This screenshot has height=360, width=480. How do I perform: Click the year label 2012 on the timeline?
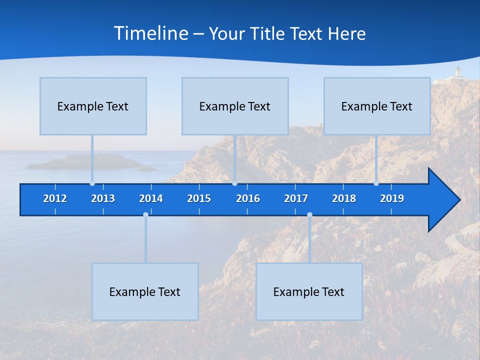click(x=55, y=198)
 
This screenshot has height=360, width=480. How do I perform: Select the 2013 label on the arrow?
click(x=103, y=198)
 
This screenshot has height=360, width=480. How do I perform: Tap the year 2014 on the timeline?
click(x=151, y=198)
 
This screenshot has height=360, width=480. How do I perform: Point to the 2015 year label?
click(x=199, y=198)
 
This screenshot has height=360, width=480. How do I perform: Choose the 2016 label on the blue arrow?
click(x=248, y=198)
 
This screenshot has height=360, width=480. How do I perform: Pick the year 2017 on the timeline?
click(x=296, y=198)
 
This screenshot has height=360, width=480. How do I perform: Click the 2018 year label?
click(x=344, y=198)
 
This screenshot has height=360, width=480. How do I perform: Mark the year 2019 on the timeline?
click(x=392, y=198)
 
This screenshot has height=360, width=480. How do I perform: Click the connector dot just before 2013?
click(x=92, y=183)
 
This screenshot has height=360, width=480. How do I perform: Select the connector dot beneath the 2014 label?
click(x=145, y=214)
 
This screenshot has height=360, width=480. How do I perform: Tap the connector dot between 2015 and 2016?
click(x=234, y=183)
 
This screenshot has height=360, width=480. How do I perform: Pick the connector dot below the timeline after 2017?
click(x=309, y=214)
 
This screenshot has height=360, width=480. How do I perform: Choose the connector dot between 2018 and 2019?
click(x=376, y=183)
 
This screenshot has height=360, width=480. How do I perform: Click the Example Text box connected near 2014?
click(x=145, y=291)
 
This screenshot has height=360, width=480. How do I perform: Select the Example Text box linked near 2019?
click(x=377, y=106)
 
